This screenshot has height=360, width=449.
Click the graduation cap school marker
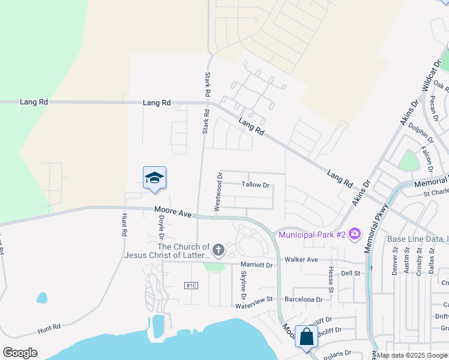click(x=154, y=178)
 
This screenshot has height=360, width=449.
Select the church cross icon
click(x=218, y=250)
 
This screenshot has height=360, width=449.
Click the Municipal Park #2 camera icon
click(x=355, y=233)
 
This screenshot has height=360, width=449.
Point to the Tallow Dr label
click(x=256, y=185)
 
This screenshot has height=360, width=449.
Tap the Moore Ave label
click(x=172, y=212)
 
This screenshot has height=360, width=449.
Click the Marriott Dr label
click(x=256, y=265)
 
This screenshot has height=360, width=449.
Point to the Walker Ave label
click(x=301, y=259)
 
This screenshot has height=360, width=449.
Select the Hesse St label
click(x=331, y=277)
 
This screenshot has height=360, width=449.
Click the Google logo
click(x=20, y=353)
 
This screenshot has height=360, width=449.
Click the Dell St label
click(x=350, y=272)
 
